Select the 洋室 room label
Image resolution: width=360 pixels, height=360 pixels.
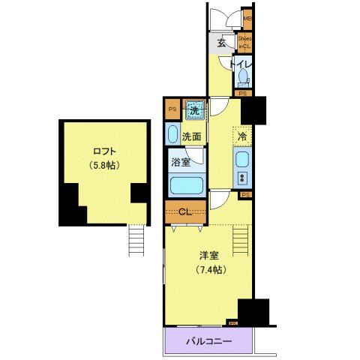[208, 254]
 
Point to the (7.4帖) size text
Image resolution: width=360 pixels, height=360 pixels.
[208, 269]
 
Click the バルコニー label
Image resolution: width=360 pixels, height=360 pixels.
[208, 342]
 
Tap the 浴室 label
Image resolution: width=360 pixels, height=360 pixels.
[178, 162]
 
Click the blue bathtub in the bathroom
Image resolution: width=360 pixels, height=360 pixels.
[185, 186]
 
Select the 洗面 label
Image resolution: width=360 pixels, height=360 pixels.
[190, 136]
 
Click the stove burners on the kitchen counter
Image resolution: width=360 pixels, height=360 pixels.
[242, 178]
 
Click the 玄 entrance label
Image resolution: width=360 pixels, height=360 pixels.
[222, 43]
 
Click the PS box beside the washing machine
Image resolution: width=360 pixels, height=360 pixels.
[172, 109]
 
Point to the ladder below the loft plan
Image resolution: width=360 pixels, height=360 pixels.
[136, 241]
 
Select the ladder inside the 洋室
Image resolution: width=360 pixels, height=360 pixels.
[241, 241]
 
